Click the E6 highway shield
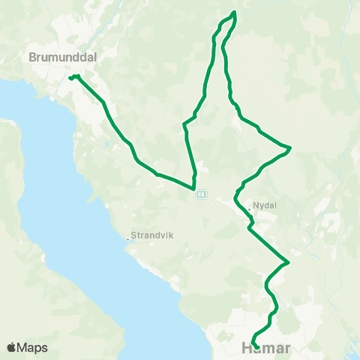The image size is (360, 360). coord(201,194)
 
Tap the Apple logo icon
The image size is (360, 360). coord(11,347)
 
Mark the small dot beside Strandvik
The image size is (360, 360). coord(129,240)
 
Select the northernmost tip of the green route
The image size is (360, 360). coord(235,12)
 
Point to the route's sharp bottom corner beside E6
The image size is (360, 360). coord(194,189)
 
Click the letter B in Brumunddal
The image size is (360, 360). coord(32,56)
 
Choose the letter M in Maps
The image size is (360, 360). coord(23,348)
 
